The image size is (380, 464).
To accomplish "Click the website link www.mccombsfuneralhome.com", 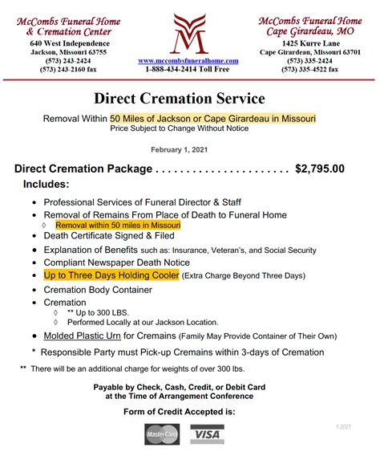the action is [x=190, y=60].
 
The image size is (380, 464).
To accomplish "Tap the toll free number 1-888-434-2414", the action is [x=190, y=70].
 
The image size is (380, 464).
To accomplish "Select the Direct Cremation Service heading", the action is [x=179, y=100].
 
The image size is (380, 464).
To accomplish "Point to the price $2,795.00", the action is [x=320, y=169].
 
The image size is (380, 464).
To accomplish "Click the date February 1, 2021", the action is [x=180, y=149].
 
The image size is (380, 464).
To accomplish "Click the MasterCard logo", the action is [x=163, y=434].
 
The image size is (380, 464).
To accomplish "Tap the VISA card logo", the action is [x=207, y=434].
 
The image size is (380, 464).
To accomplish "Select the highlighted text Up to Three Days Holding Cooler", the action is [x=111, y=275].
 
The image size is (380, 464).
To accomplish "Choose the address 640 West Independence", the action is [x=67, y=43].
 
